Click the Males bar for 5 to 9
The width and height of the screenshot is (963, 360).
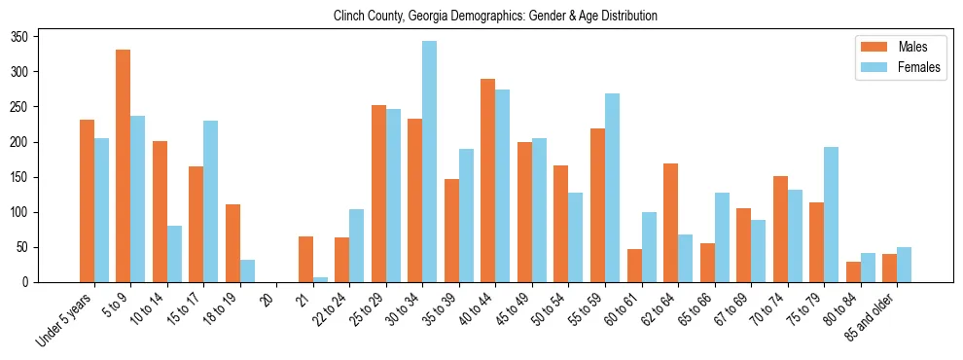124,166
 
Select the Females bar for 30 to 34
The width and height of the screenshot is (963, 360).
430,162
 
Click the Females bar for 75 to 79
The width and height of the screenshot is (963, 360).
831,215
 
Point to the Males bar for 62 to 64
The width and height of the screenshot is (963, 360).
670,223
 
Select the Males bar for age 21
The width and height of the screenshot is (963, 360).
305,260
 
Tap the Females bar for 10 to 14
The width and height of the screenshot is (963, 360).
174,254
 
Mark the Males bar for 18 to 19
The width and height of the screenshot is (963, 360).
232,243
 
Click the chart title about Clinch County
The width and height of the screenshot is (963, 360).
495,17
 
